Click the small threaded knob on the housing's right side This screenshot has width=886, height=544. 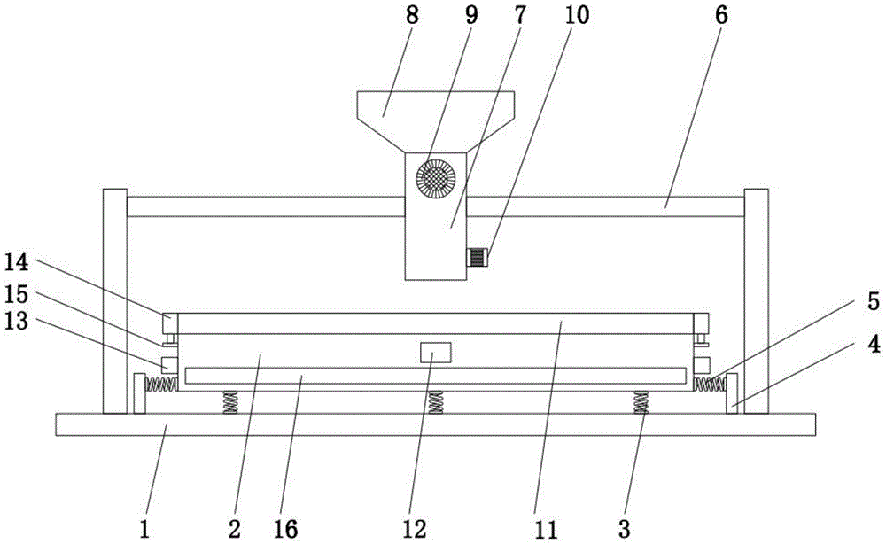coord(477,258)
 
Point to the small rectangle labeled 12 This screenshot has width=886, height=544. coord(435,354)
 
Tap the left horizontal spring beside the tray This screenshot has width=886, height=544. coord(161,384)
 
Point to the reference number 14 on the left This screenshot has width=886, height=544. coord(18,261)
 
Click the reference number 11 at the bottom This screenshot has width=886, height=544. coord(547,531)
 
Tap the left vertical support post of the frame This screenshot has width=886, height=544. coord(115,301)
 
